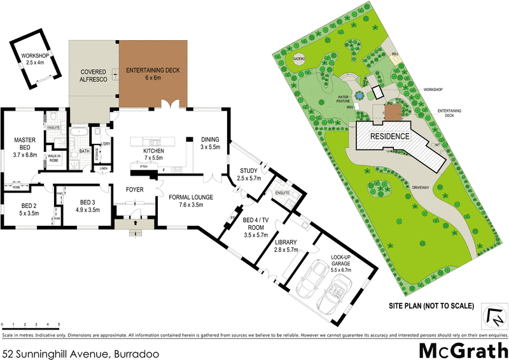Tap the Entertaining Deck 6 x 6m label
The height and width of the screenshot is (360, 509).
click(153, 73)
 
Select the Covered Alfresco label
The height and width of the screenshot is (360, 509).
click(93, 76)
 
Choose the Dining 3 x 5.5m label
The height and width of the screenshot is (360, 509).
click(209, 143)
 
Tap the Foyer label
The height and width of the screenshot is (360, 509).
click(134, 190)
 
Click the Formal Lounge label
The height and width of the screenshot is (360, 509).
click(191, 201)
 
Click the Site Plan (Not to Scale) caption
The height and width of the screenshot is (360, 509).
click(431, 305)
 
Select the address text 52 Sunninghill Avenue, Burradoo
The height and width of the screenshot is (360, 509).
click(81, 352)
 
